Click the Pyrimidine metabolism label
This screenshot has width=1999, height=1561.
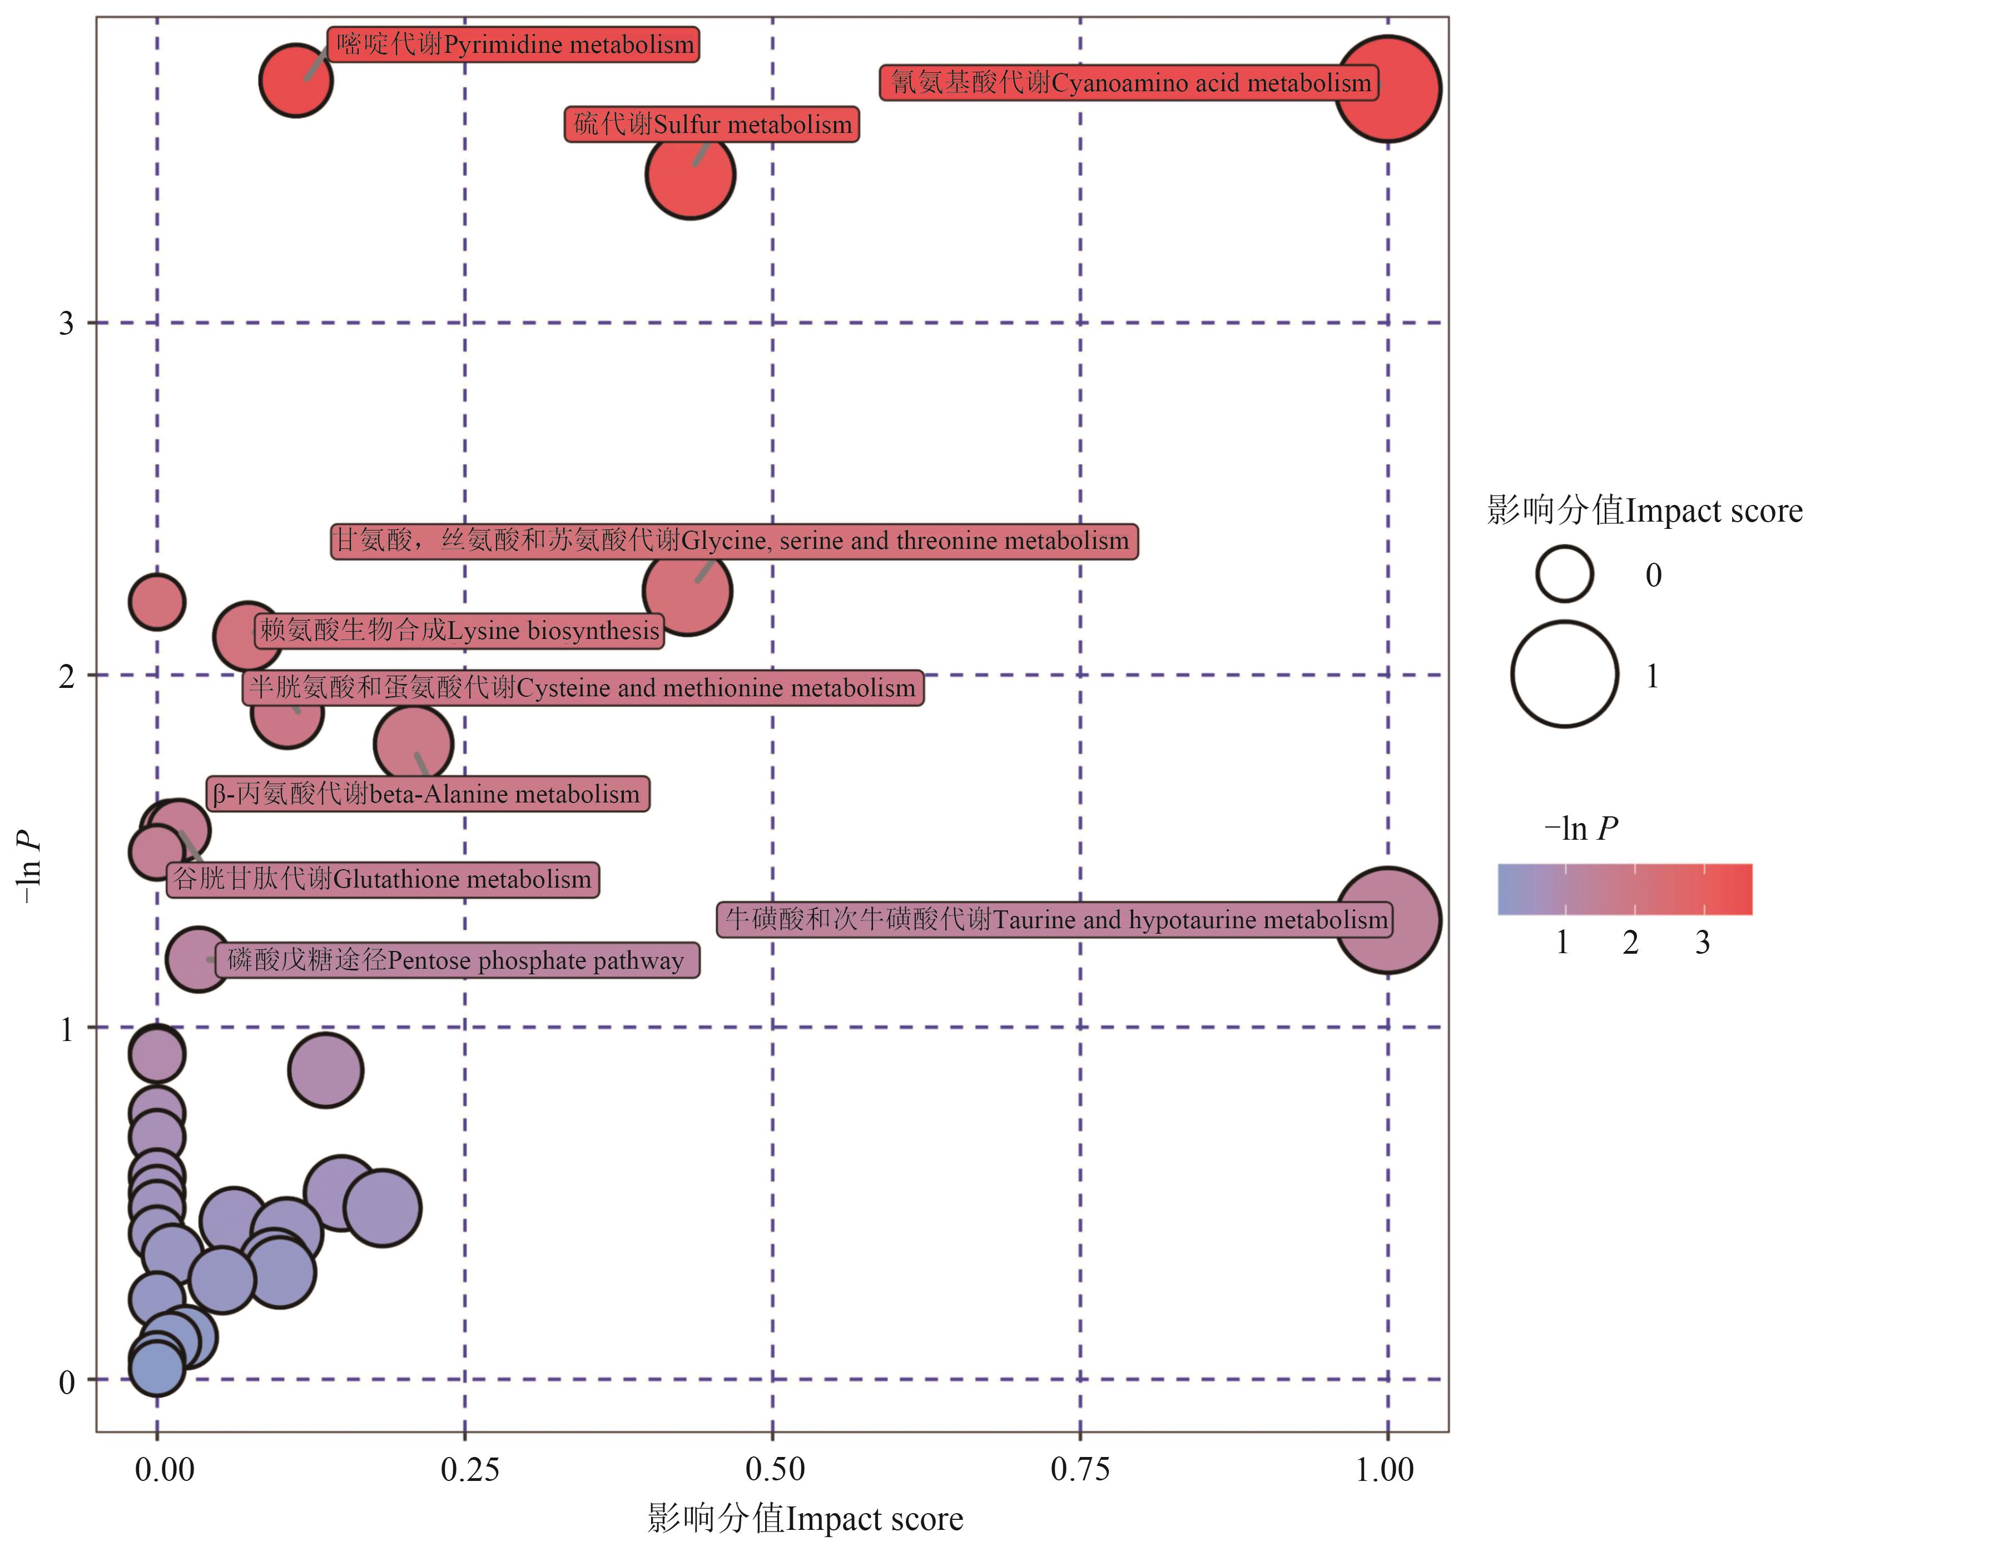point(513,44)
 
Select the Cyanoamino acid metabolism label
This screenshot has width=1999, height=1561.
point(1129,82)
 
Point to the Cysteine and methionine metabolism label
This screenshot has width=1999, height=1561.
point(583,687)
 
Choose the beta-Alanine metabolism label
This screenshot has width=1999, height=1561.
point(428,794)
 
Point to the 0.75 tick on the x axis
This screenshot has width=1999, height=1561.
point(1080,1469)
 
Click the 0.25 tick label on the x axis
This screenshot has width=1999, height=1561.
point(469,1469)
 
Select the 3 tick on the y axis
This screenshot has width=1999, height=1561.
point(66,323)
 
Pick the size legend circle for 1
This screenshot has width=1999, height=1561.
point(1564,675)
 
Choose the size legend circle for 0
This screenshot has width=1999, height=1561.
point(1564,574)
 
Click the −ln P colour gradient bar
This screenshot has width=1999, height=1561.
point(1625,889)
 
